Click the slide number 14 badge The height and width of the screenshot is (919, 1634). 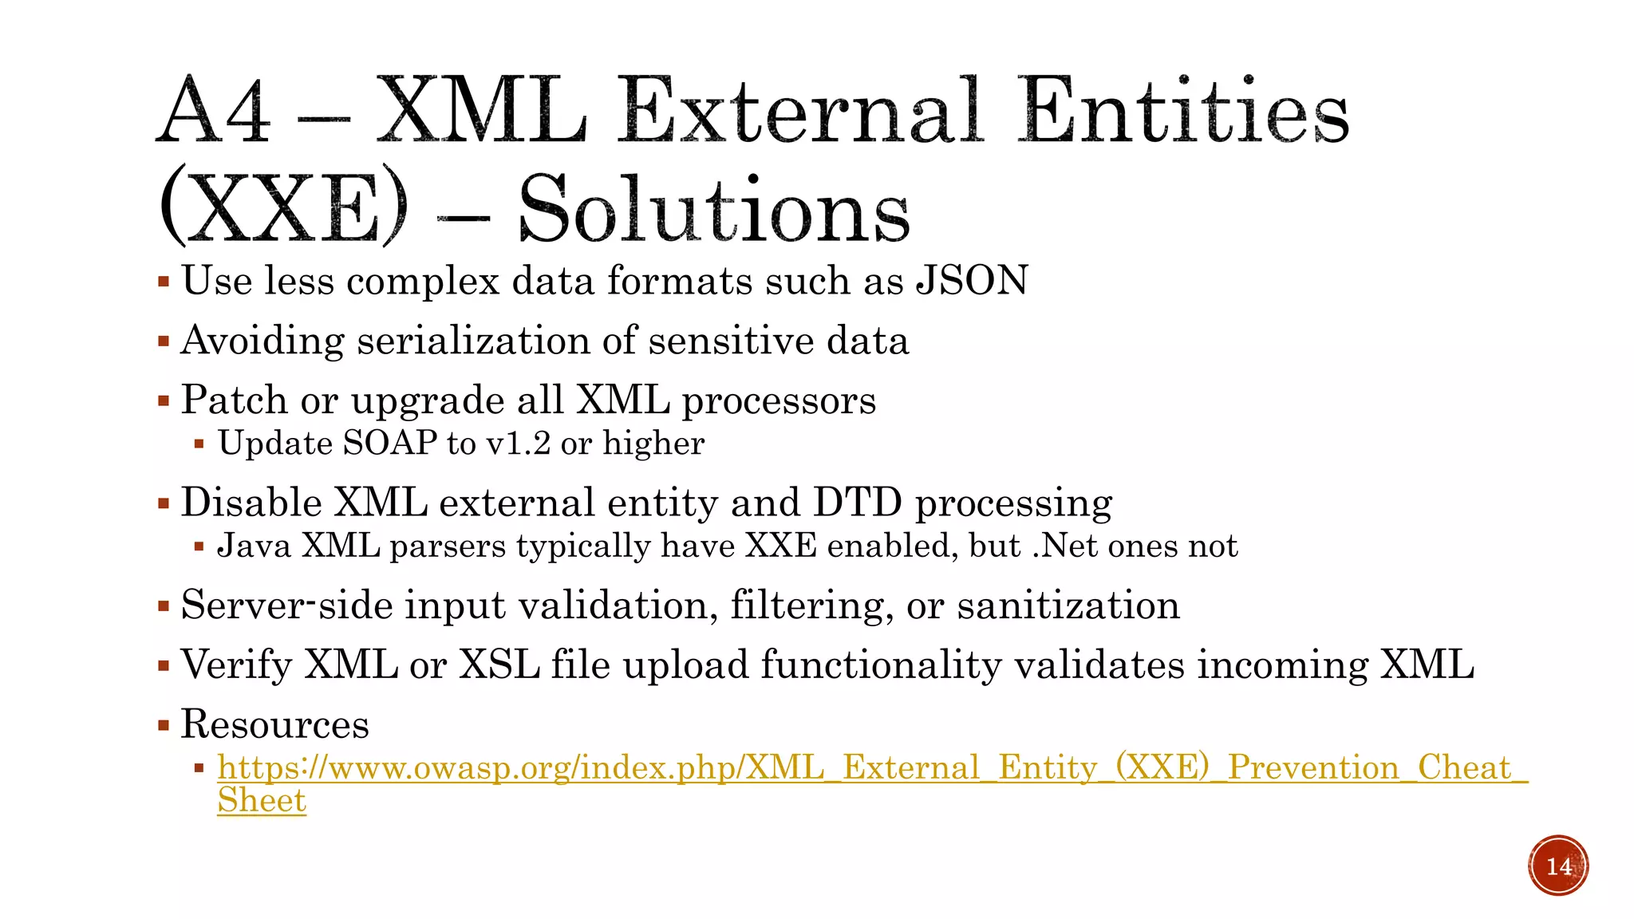tap(1558, 866)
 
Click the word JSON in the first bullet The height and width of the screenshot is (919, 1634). tap(972, 281)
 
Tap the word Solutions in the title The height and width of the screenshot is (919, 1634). tap(714, 210)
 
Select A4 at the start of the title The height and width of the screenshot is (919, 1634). tap(214, 112)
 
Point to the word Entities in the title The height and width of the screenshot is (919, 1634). tap(1183, 112)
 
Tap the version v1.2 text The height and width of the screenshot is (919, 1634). tap(519, 444)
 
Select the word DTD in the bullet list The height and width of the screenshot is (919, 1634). tap(857, 503)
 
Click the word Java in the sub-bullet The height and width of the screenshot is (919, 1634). tap(254, 546)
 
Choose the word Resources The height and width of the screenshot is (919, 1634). tap(274, 724)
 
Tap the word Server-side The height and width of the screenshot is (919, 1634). tap(287, 605)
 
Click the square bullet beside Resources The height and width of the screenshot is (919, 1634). tap(164, 726)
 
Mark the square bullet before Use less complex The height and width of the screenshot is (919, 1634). tap(164, 282)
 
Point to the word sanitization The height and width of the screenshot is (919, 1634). tap(1068, 605)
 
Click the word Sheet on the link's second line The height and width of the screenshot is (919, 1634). tap(262, 801)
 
